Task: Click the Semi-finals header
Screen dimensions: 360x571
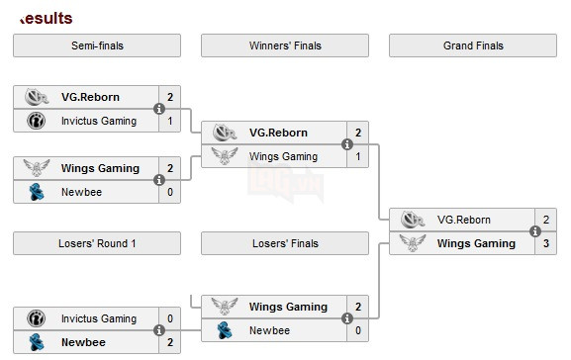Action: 96,45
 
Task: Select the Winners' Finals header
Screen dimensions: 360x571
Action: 284,45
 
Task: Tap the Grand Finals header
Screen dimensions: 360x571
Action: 473,45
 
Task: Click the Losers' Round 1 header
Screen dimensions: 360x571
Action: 96,243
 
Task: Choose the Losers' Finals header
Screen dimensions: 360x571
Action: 284,243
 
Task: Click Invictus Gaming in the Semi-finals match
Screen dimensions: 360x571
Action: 98,121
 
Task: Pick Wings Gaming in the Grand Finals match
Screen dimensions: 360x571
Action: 476,243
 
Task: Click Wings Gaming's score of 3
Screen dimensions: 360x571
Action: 545,243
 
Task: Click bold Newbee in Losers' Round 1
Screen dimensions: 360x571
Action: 82,342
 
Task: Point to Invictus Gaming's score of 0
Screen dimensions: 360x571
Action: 169,318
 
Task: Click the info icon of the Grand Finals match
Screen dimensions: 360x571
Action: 534,231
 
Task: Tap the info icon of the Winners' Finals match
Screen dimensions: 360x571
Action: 346,144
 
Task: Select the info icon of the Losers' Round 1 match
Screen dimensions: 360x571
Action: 158,330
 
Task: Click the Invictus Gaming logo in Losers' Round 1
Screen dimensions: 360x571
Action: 36,318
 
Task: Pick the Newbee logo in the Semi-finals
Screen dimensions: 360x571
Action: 36,192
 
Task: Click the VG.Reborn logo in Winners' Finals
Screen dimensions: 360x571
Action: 224,133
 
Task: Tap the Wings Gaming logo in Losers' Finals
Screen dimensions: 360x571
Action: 224,307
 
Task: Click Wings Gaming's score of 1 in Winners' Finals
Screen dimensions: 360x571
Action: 357,156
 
